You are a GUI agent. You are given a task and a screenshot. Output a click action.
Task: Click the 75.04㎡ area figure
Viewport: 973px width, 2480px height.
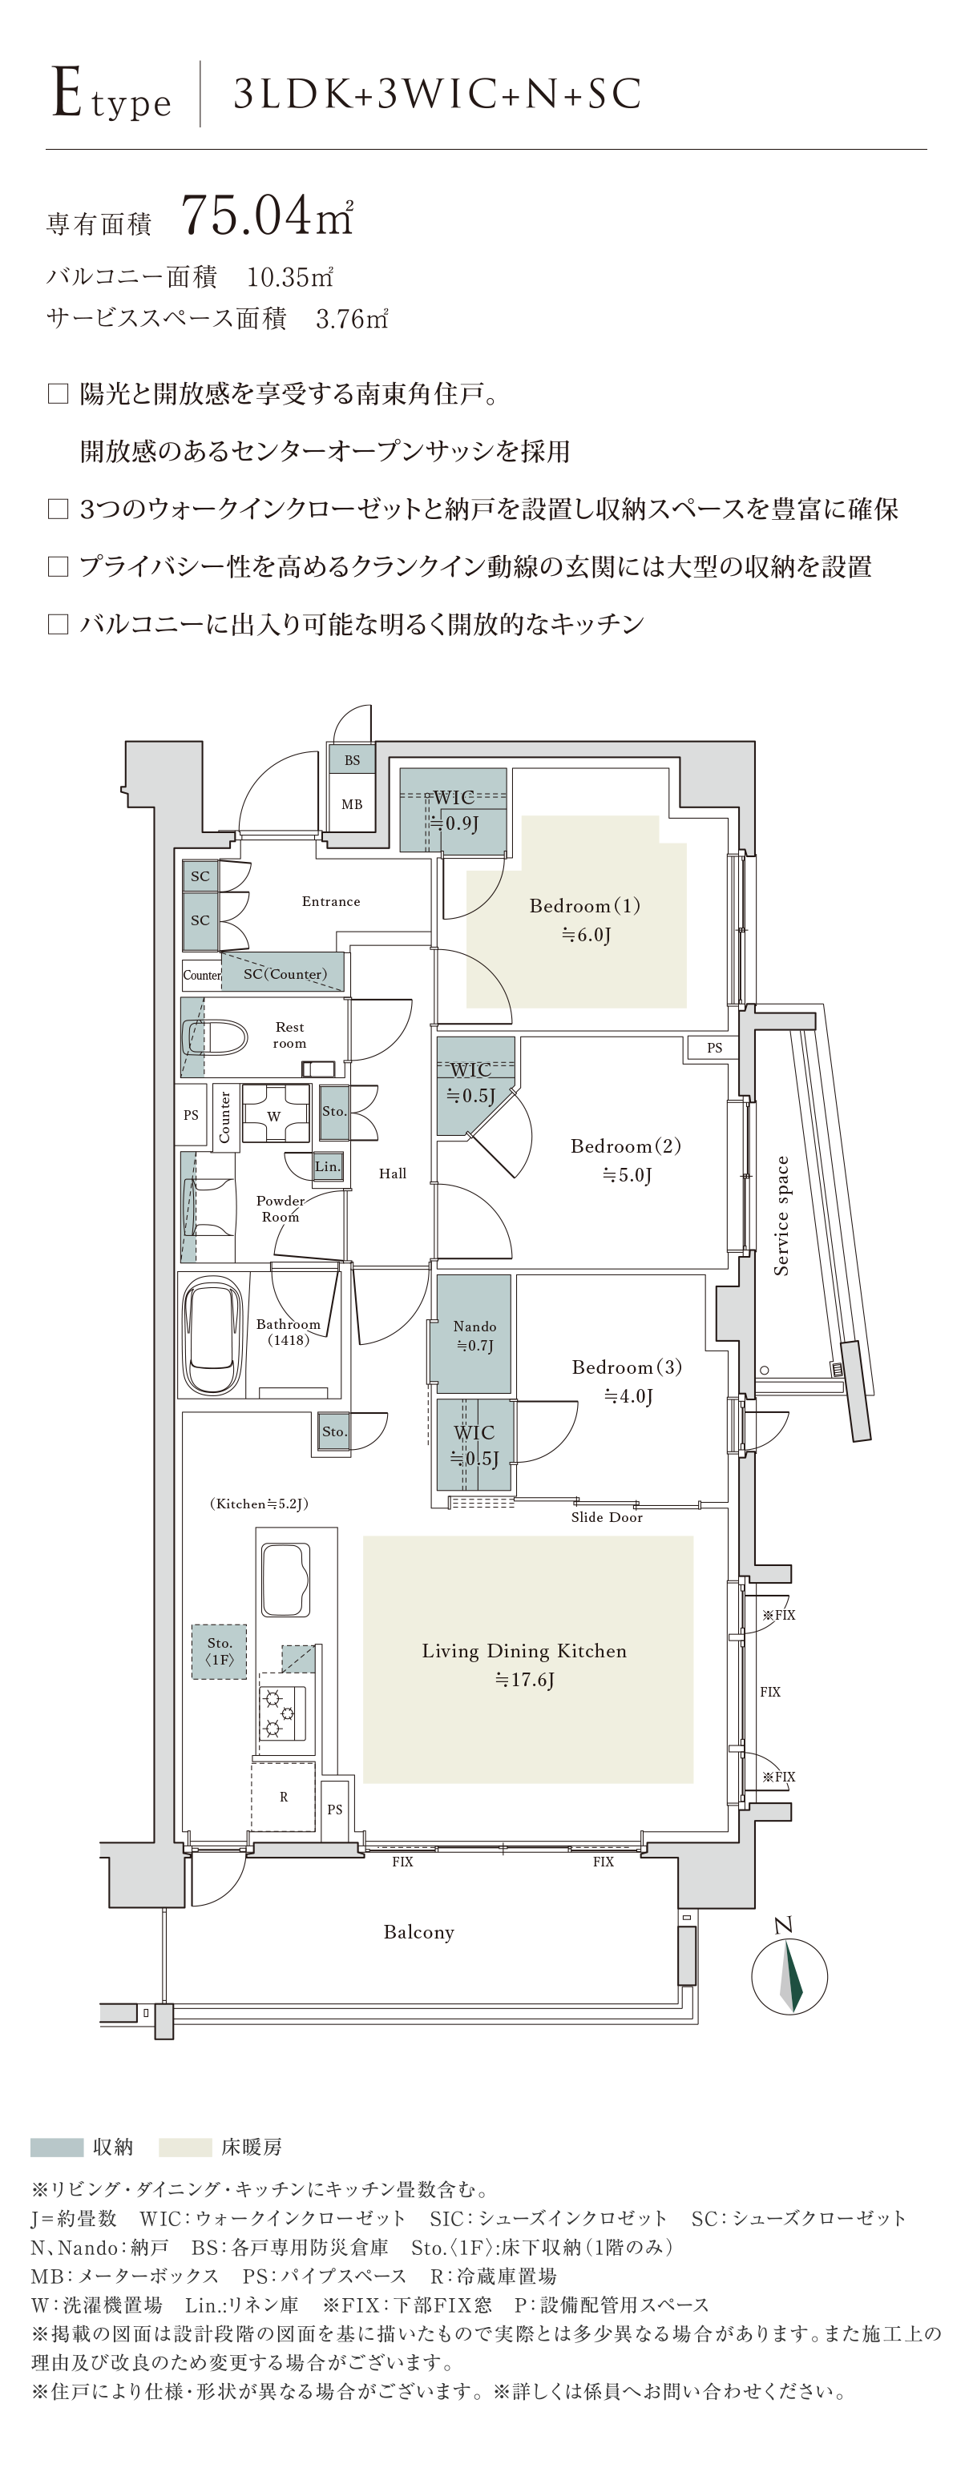point(267,215)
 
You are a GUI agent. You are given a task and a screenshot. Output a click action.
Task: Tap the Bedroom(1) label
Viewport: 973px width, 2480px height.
point(585,906)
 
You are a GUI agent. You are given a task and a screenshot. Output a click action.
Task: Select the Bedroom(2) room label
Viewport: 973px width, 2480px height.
point(625,1146)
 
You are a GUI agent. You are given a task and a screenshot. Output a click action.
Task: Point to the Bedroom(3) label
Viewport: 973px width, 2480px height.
point(626,1367)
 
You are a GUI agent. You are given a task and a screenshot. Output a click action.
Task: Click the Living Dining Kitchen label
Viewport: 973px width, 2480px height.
point(524,1651)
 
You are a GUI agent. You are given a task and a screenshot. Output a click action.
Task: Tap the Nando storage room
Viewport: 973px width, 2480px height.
point(474,1334)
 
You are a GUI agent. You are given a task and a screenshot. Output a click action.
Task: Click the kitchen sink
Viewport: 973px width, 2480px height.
point(285,1580)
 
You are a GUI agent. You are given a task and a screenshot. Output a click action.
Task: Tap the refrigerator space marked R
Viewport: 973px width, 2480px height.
point(283,1797)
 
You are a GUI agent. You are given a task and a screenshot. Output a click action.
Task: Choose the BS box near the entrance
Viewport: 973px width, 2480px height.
point(352,759)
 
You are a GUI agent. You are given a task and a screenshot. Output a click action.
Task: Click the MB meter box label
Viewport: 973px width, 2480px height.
point(352,804)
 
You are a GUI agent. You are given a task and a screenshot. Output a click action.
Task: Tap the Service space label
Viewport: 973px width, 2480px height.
point(781,1216)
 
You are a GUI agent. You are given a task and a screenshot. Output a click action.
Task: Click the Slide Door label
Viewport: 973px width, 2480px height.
point(607,1517)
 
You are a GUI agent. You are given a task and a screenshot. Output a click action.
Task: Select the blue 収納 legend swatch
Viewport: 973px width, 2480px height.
point(57,2147)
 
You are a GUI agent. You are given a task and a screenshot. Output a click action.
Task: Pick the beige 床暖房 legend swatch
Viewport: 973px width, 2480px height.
point(185,2147)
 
